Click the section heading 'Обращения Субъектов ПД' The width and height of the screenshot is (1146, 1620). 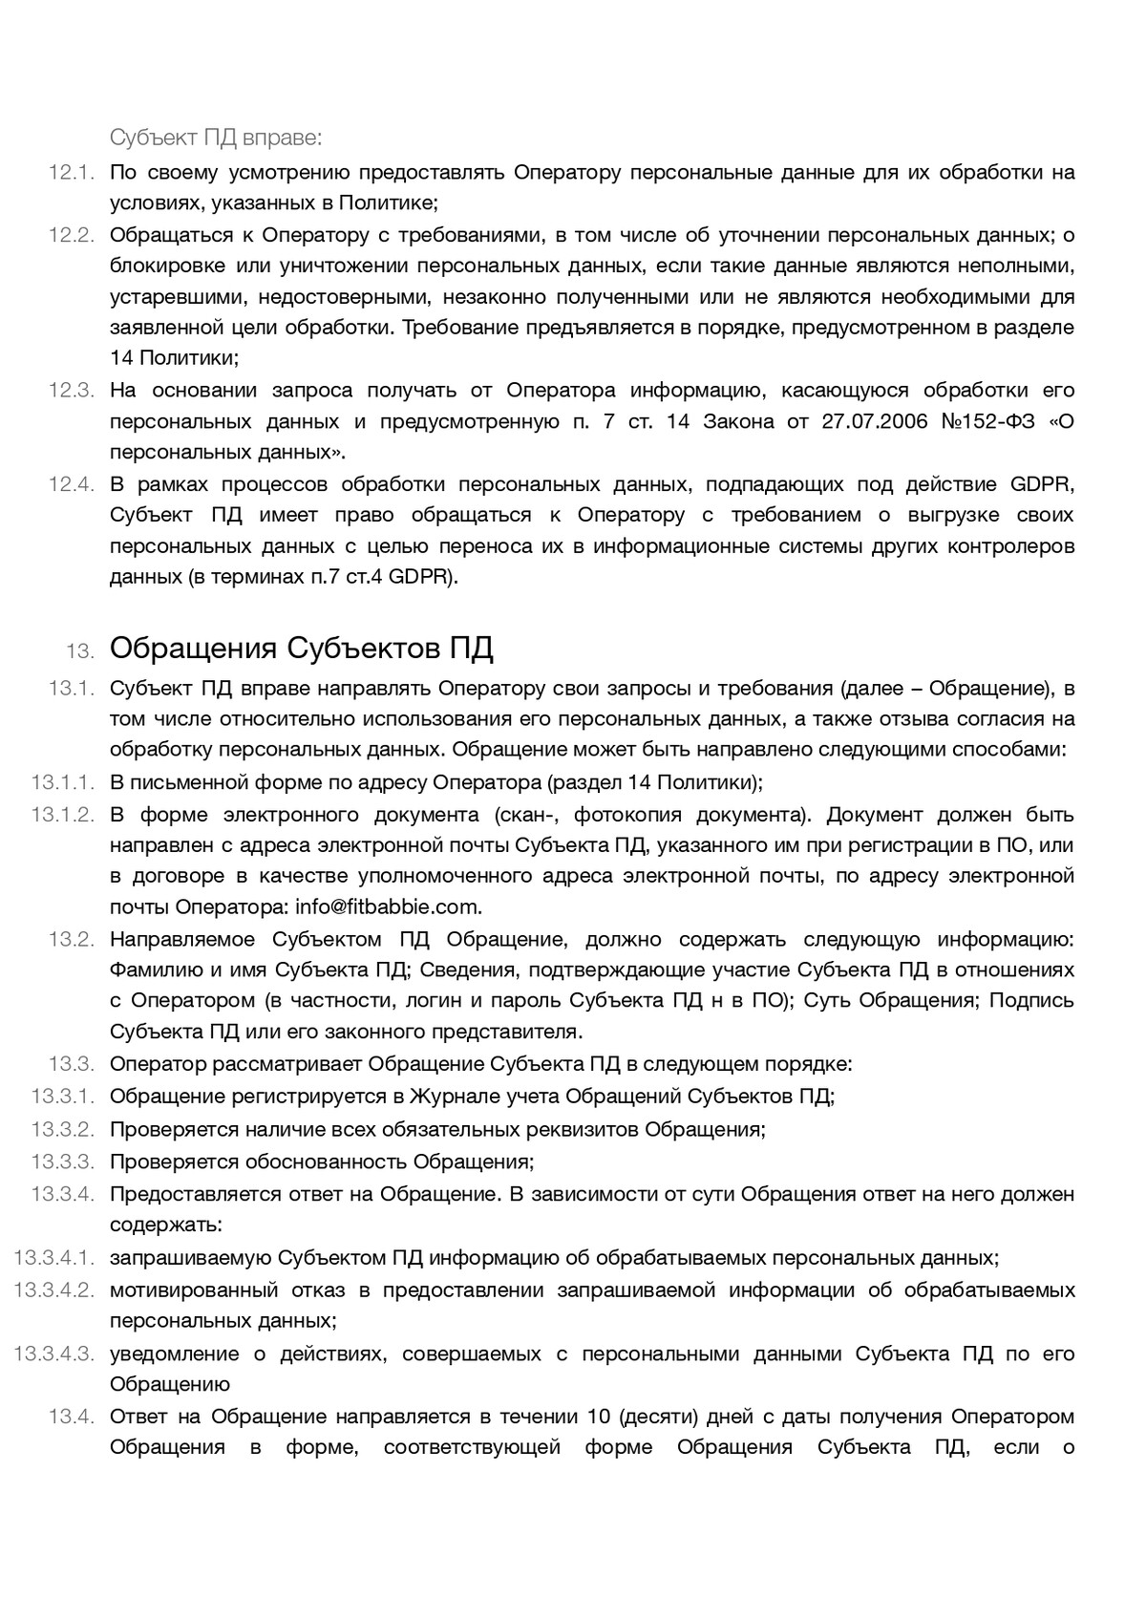click(x=301, y=649)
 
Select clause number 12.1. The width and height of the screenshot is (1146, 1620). click(x=71, y=173)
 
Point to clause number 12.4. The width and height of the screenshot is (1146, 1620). click(x=71, y=484)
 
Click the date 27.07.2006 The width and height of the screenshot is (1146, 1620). click(x=874, y=421)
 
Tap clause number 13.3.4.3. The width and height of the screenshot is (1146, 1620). click(x=54, y=1354)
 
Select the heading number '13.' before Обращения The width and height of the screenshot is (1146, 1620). click(x=80, y=651)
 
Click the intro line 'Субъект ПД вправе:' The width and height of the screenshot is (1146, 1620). click(x=217, y=138)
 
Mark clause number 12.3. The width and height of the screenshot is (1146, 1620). click(x=71, y=390)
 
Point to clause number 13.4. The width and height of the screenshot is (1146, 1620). click(x=71, y=1417)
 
